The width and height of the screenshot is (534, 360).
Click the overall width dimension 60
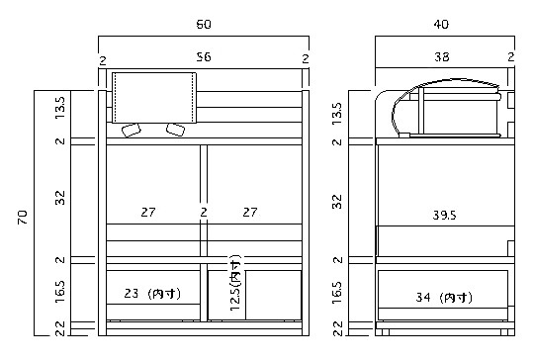point(204,24)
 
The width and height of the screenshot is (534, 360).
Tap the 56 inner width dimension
point(204,56)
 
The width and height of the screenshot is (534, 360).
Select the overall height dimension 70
point(23,217)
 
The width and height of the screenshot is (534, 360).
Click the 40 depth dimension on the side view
point(441,24)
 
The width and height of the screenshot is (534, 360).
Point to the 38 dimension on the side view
point(442,56)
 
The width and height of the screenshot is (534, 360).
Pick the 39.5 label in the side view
point(444,215)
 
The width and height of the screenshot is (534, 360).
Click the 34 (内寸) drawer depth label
point(444,298)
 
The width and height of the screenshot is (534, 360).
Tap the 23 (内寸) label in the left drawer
point(152,294)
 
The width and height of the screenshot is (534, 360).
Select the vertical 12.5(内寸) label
point(235,283)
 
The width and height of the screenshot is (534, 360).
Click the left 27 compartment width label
point(148,213)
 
